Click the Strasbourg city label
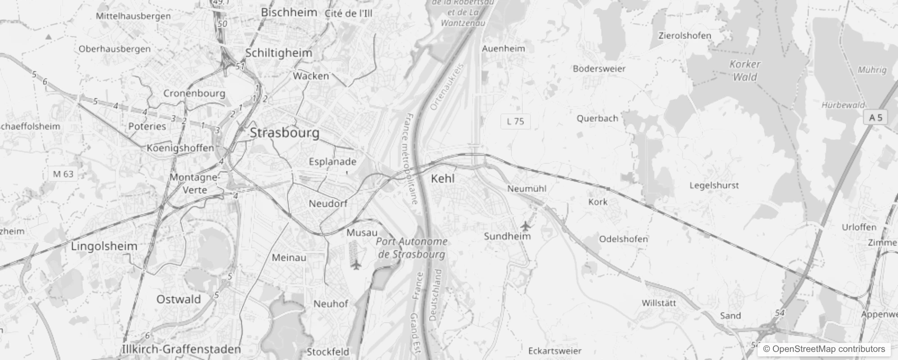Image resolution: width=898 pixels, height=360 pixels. coord(285,133)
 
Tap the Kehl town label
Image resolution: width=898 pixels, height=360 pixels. coord(443,179)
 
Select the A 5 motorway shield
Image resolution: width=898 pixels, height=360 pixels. coord(876,118)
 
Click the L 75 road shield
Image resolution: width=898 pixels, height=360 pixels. coord(515,121)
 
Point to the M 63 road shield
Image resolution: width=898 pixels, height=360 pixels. coord(63,174)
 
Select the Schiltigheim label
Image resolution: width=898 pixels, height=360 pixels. coord(278,53)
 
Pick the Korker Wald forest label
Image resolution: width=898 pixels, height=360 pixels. coord(745,71)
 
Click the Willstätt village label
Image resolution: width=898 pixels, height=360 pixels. coord(659,303)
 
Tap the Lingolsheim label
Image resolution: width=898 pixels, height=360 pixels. coord(104,246)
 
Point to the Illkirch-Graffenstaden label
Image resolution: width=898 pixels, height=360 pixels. coord(181,349)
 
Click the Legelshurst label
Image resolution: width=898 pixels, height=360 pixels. coord(714,185)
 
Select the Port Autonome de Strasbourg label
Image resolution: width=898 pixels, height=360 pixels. coord(412,248)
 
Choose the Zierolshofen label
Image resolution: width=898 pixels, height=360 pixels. coord(684,36)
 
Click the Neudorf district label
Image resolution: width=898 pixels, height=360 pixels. coord(328,204)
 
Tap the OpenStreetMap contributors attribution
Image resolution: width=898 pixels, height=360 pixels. coord(824,349)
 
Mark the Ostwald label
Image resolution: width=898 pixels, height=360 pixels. coord(179,299)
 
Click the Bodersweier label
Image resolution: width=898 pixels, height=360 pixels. coord(599,69)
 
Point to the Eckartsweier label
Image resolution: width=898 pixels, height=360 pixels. coord(554,351)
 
